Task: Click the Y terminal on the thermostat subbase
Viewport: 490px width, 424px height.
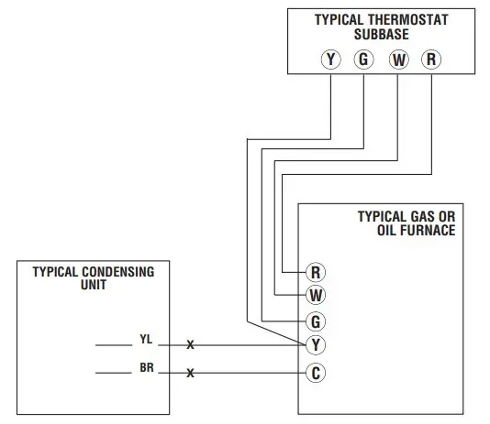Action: click(330, 60)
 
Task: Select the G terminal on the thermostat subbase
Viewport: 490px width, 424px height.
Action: click(363, 60)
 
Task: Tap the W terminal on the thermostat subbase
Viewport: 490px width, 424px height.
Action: click(398, 60)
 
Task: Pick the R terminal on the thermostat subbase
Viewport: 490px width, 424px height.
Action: click(431, 60)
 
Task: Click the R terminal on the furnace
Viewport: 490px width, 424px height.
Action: click(316, 272)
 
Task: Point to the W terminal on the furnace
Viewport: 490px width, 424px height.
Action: click(316, 296)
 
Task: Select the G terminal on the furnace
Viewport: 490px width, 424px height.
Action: click(316, 321)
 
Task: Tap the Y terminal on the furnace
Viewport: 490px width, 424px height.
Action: click(316, 345)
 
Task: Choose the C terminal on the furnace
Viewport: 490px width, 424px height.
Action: click(316, 373)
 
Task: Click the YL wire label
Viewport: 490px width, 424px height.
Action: click(146, 339)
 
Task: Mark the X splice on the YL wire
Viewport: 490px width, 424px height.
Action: click(191, 346)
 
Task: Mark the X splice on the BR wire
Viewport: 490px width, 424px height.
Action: click(191, 374)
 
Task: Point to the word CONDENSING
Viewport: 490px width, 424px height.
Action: click(117, 272)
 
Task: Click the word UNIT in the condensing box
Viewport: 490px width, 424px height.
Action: click(94, 285)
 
